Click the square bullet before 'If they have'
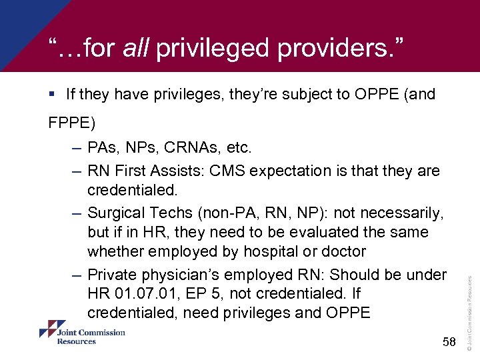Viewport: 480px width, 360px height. [x=53, y=95]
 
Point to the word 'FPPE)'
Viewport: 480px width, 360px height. [x=72, y=123]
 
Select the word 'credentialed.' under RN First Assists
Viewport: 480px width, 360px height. [x=133, y=191]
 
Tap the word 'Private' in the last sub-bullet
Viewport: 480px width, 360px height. [x=111, y=274]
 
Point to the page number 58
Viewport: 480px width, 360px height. [x=449, y=343]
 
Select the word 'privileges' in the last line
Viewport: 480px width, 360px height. [x=251, y=313]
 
